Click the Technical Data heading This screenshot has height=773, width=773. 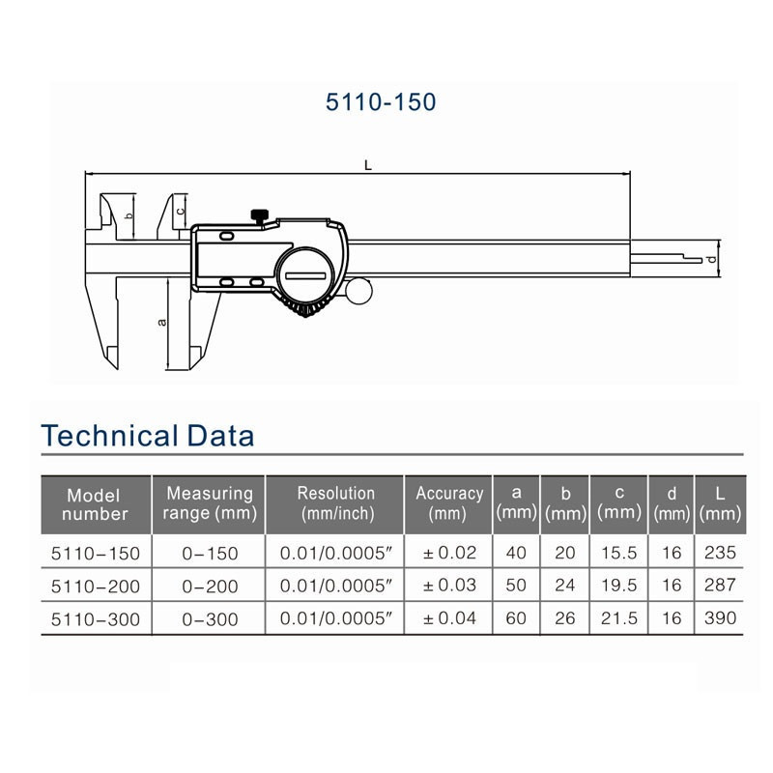click(x=148, y=436)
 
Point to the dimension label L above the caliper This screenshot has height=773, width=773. click(x=367, y=165)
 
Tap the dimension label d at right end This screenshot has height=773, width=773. click(x=710, y=259)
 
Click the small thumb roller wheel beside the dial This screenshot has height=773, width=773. click(x=359, y=290)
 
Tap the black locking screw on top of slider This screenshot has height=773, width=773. click(x=259, y=215)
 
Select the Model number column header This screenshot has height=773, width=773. click(x=95, y=504)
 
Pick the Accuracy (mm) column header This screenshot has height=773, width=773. click(x=448, y=503)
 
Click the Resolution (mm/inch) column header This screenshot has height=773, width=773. click(x=335, y=503)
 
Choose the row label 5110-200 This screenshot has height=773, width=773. click(x=95, y=586)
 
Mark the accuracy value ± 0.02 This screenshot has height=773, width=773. click(x=448, y=553)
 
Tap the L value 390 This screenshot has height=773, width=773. click(x=721, y=618)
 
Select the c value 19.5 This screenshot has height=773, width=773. click(x=619, y=586)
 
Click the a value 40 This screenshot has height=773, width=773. click(x=516, y=553)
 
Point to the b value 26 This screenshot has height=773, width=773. click(x=566, y=618)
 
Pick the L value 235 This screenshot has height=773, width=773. click(x=721, y=553)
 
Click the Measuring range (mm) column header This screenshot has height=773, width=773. click(x=209, y=503)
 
